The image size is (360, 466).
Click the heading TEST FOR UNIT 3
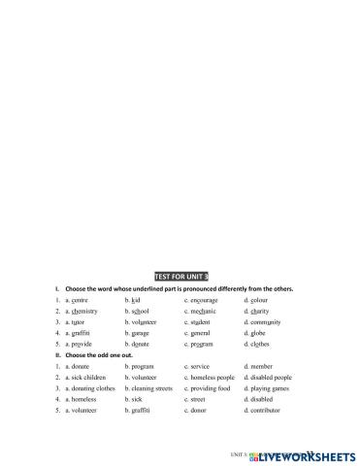(181, 277)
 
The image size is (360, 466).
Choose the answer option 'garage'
(142, 333)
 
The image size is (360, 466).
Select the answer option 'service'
(201, 366)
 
